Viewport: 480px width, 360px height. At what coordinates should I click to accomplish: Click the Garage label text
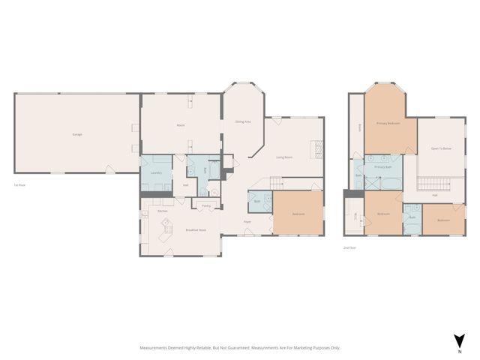coord(77,134)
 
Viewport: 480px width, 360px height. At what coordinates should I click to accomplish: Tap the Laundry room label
coord(156,173)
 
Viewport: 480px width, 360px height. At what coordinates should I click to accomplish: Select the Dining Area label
coord(243,121)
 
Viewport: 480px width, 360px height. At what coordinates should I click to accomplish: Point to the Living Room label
coord(284,157)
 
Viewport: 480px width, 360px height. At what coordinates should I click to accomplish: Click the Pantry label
coord(205,205)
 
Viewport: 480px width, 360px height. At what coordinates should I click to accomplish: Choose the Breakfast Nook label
coord(196,229)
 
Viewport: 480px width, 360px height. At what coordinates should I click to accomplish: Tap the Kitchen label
coord(162,211)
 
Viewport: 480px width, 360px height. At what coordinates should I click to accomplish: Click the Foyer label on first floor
coord(247,222)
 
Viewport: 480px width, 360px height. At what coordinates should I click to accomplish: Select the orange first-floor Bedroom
coord(298,214)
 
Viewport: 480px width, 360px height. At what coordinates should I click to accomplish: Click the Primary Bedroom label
coord(388,123)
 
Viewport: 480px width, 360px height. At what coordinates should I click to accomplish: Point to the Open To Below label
coord(441,148)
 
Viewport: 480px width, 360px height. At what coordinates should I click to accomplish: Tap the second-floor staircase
coord(432,184)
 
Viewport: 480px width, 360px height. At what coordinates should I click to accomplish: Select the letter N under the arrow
coord(459,350)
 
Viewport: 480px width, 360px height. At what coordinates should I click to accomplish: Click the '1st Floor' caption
coord(20,185)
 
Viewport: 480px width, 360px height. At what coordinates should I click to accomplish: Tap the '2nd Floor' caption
coord(349,247)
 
